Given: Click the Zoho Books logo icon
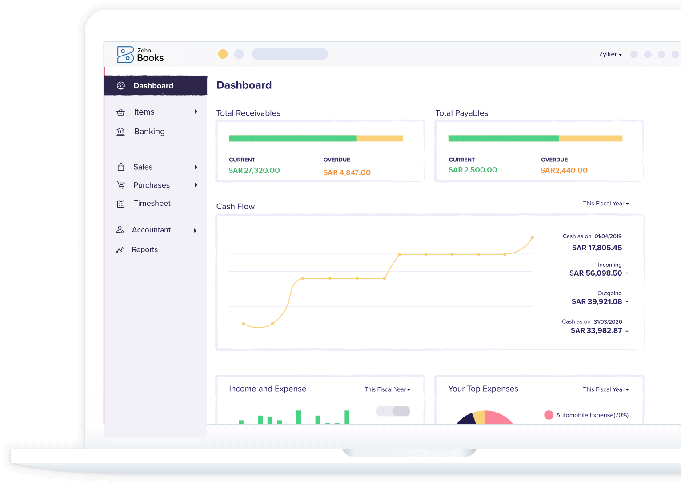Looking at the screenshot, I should tap(125, 55).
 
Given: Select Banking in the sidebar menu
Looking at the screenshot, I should tap(149, 132).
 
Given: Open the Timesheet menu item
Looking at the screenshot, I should tap(152, 204).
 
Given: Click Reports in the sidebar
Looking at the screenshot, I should tap(144, 250).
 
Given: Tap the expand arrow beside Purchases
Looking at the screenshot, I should tap(196, 185).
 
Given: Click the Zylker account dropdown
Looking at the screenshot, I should tap(610, 54).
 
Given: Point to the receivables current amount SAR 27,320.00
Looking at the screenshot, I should tap(254, 170).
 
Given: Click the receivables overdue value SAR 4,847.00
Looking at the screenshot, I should tap(347, 172).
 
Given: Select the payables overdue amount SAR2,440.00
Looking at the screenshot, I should tap(564, 170).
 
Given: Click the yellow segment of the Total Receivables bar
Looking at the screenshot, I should tap(380, 139).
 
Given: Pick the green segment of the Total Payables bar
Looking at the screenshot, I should tap(503, 139).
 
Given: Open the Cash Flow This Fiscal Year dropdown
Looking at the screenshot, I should tap(605, 204).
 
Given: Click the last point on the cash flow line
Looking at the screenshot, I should tap(532, 238).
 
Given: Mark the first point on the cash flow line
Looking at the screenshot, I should tap(243, 324).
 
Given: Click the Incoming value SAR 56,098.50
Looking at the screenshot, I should tap(596, 273).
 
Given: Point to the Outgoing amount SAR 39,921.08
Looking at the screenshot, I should tap(597, 302).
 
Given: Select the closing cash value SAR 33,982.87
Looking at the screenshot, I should tap(596, 331).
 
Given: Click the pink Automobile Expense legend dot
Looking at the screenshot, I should tap(549, 415).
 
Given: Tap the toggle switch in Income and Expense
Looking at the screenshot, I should tap(393, 411).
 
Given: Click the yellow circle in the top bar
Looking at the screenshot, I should tap(223, 54).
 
